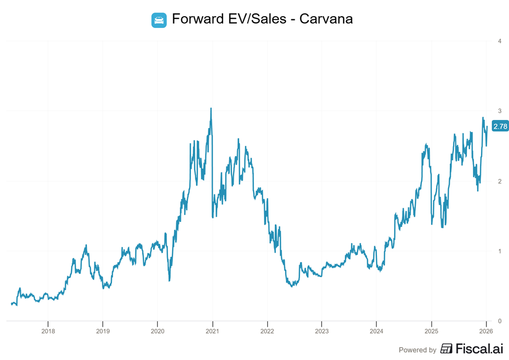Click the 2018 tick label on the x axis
pyautogui.click(x=48, y=330)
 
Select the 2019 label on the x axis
pyautogui.click(x=103, y=330)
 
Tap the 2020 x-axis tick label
pyautogui.click(x=157, y=330)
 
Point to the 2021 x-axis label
pyautogui.click(x=212, y=330)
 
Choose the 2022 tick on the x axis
pyautogui.click(x=267, y=330)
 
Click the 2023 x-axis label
pyautogui.click(x=322, y=330)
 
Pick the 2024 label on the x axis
pyautogui.click(x=376, y=330)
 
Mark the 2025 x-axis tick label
pyautogui.click(x=431, y=330)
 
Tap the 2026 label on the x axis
pyautogui.click(x=486, y=330)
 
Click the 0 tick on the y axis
pyautogui.click(x=500, y=321)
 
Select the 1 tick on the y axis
pyautogui.click(x=500, y=251)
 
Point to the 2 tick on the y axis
pyautogui.click(x=500, y=181)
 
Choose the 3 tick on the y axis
pyautogui.click(x=500, y=111)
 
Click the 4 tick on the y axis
pyautogui.click(x=500, y=41)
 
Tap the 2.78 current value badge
pyautogui.click(x=500, y=126)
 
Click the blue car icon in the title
pyautogui.click(x=159, y=20)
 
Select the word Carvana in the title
pyautogui.click(x=326, y=19)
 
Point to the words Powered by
pyautogui.click(x=417, y=350)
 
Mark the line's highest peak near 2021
pyautogui.click(x=211, y=108)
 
